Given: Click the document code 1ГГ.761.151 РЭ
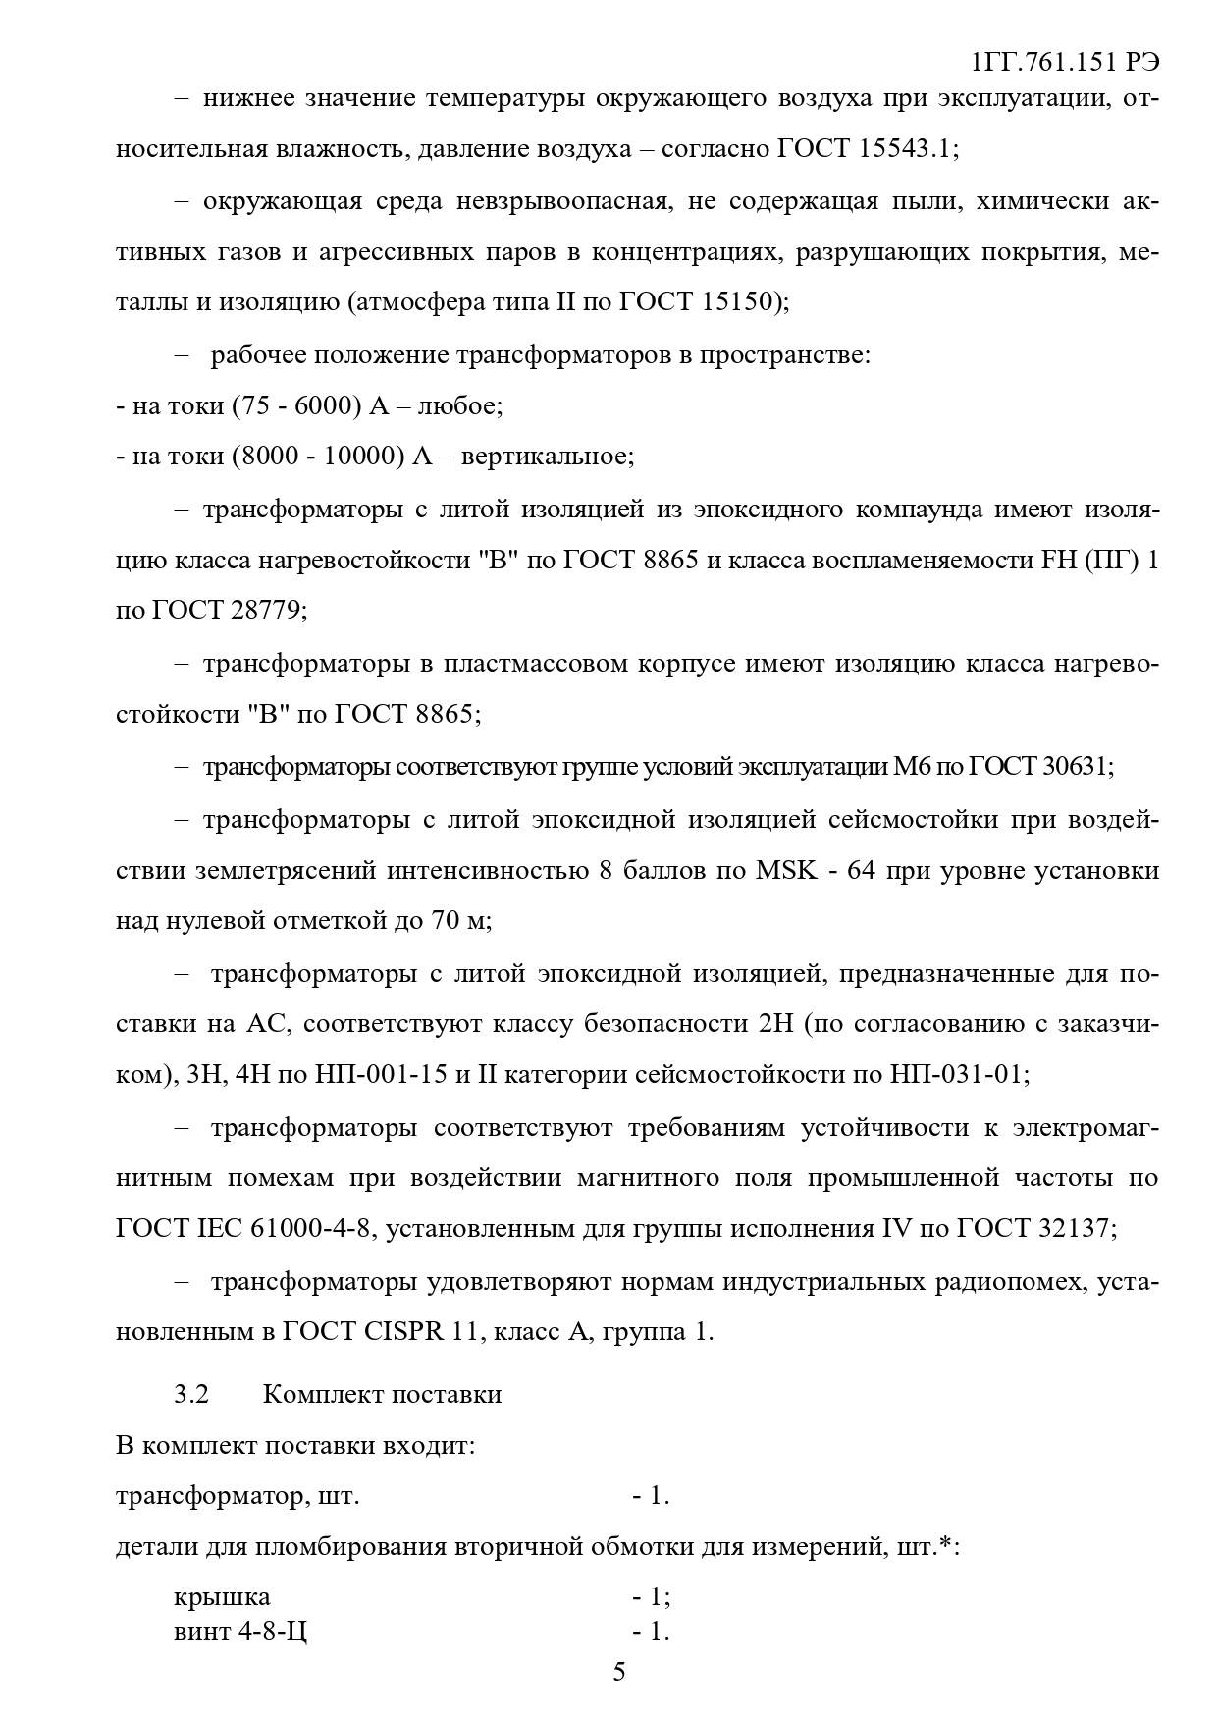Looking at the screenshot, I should pos(1065,62).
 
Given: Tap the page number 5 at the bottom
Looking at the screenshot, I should pos(618,1672).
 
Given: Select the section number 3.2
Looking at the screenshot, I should pos(191,1394).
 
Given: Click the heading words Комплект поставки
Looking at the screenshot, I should pos(382,1394).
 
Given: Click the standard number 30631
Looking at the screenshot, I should pos(1064,765).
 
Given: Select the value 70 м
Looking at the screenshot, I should pos(457,921).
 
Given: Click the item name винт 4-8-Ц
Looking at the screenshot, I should pos(240,1632).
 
